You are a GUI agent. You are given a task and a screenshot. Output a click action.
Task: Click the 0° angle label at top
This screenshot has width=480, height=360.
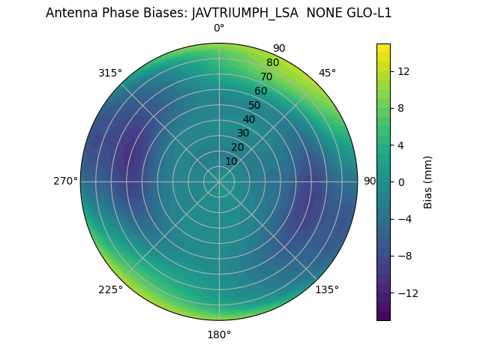pos(219,28)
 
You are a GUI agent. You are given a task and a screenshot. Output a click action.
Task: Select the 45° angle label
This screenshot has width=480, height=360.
pos(327,73)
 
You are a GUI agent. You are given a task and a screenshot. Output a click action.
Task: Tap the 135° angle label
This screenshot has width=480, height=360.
pos(327,289)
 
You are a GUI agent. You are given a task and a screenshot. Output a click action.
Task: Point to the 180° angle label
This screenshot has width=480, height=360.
pos(219,334)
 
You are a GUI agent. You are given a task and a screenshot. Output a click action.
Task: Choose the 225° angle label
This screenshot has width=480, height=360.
pos(110,290)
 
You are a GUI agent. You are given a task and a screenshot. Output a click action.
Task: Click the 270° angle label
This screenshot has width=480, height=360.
pos(65,181)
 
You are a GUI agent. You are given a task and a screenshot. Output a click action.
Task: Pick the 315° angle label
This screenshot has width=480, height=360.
pos(110,73)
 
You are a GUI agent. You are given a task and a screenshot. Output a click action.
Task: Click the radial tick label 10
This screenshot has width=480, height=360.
pos(231,161)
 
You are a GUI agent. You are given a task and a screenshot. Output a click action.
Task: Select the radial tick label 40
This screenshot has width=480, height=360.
pos(249,120)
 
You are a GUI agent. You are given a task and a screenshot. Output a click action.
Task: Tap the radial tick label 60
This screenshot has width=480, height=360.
pos(260,91)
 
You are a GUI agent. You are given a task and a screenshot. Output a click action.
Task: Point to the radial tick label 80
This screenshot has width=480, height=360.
pos(272,63)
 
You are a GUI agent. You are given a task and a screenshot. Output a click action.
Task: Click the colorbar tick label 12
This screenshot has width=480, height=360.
pos(403,71)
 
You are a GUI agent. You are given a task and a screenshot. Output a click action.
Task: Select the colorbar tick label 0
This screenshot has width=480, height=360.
pos(400,182)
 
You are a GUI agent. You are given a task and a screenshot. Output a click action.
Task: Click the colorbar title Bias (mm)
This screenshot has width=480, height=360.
pos(428,182)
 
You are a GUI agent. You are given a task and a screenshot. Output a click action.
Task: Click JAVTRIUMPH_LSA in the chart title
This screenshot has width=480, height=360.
pos(244,13)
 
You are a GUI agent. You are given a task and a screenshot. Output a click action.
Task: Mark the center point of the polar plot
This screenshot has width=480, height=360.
pos(219,181)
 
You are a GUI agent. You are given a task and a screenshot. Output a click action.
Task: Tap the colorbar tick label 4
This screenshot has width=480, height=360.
pos(400,145)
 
